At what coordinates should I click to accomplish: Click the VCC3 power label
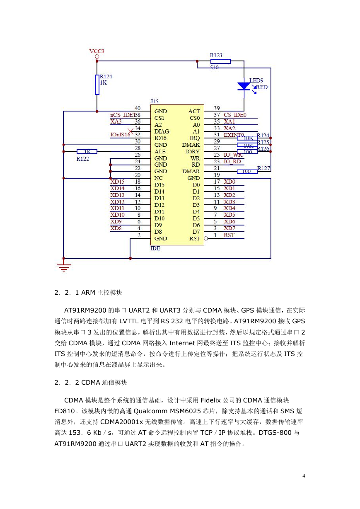(97, 51)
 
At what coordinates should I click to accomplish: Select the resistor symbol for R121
(97, 85)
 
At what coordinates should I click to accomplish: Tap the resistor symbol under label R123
(220, 61)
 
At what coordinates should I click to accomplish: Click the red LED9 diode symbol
(244, 86)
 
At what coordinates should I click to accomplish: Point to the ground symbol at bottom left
(64, 267)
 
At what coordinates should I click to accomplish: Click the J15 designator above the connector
(155, 102)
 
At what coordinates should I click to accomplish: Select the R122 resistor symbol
(87, 152)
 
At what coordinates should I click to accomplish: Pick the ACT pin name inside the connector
(194, 111)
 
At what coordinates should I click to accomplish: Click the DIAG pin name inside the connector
(162, 131)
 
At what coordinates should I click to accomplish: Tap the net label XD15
(117, 182)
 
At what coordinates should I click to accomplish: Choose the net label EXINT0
(234, 135)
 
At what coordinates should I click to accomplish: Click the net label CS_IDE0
(235, 115)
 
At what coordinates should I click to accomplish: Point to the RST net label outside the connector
(229, 235)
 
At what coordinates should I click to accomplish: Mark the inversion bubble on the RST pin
(206, 238)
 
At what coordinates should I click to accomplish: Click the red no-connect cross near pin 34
(130, 131)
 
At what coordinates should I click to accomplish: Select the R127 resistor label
(263, 168)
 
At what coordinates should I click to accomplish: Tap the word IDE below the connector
(155, 248)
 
